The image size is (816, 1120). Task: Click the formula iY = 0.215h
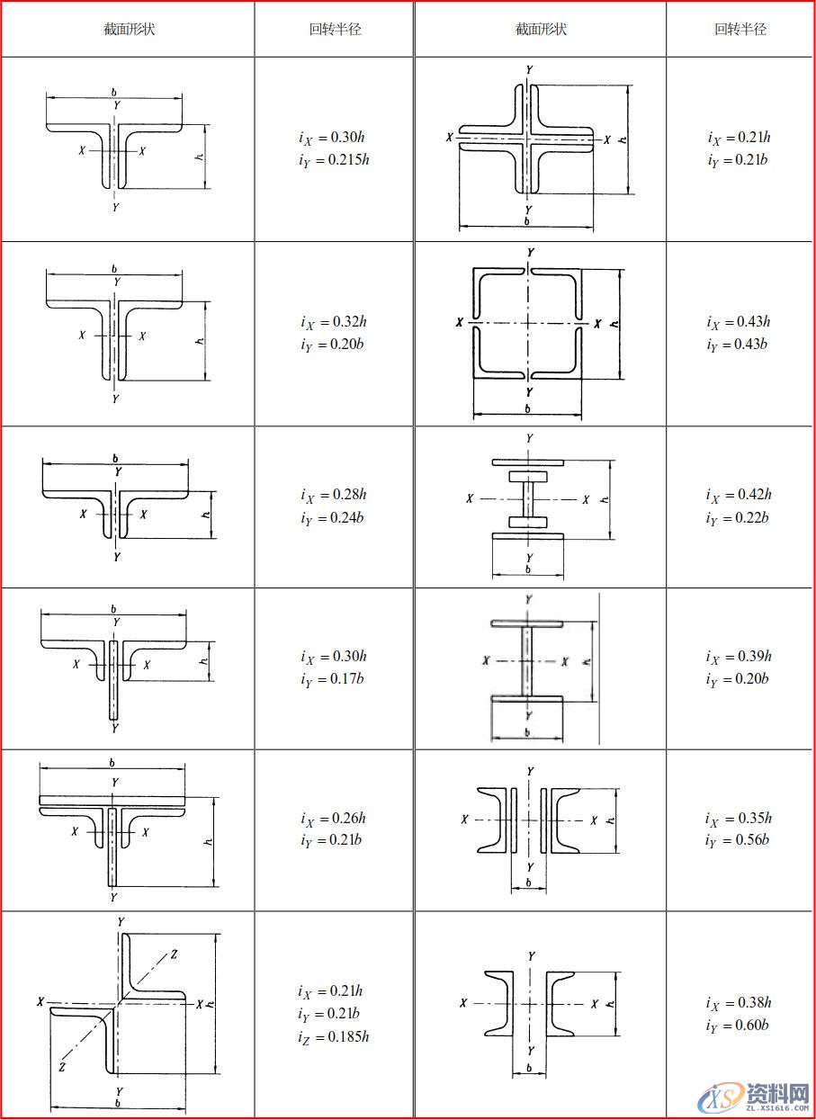(334, 161)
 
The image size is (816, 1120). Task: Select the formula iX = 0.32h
(334, 322)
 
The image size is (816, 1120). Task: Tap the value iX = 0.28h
(334, 495)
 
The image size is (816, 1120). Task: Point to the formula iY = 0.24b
(334, 518)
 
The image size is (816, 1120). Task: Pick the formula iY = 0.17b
(334, 679)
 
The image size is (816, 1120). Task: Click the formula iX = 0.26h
(334, 819)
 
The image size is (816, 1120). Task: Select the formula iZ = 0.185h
(334, 1037)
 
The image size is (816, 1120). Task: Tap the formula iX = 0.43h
(739, 322)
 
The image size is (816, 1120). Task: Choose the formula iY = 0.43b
(739, 345)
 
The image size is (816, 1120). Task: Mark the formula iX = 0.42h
(739, 495)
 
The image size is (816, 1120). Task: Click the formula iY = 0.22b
(739, 518)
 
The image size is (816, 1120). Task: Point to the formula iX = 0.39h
(739, 657)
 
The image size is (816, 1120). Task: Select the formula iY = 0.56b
(739, 841)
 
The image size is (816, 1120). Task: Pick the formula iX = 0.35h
(739, 819)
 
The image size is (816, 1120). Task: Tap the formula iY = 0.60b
(739, 1026)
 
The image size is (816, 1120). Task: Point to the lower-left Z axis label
(61, 1067)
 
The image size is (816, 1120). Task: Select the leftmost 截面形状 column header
(129, 29)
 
